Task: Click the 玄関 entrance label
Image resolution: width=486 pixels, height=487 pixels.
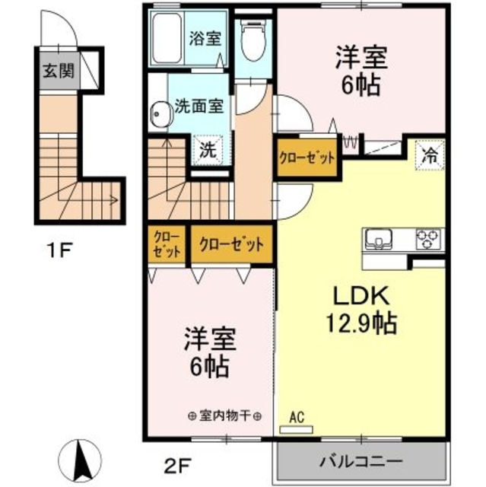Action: coord(58,72)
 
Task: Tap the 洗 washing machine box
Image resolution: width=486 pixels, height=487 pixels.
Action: coord(207,149)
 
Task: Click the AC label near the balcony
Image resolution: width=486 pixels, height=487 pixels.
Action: coord(297,417)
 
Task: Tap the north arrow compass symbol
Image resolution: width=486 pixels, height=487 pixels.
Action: coord(78,459)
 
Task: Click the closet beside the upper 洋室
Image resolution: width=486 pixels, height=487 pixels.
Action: coord(307,158)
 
